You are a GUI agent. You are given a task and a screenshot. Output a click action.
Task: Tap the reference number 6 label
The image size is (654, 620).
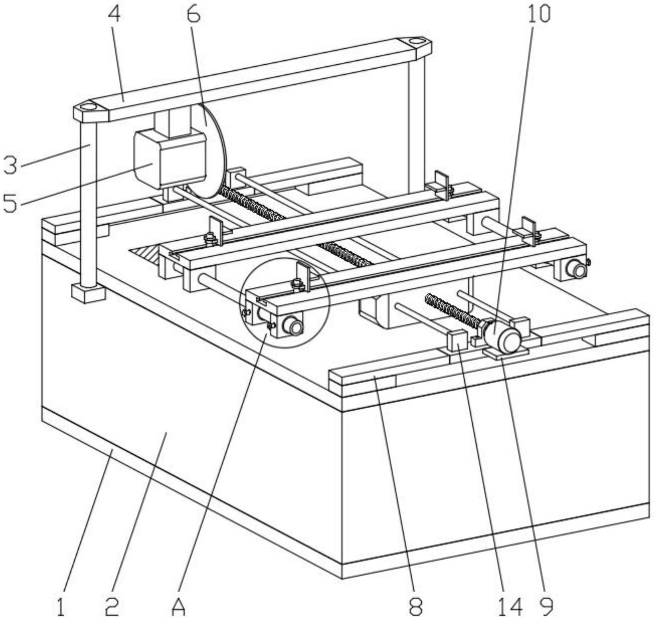(193, 14)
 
